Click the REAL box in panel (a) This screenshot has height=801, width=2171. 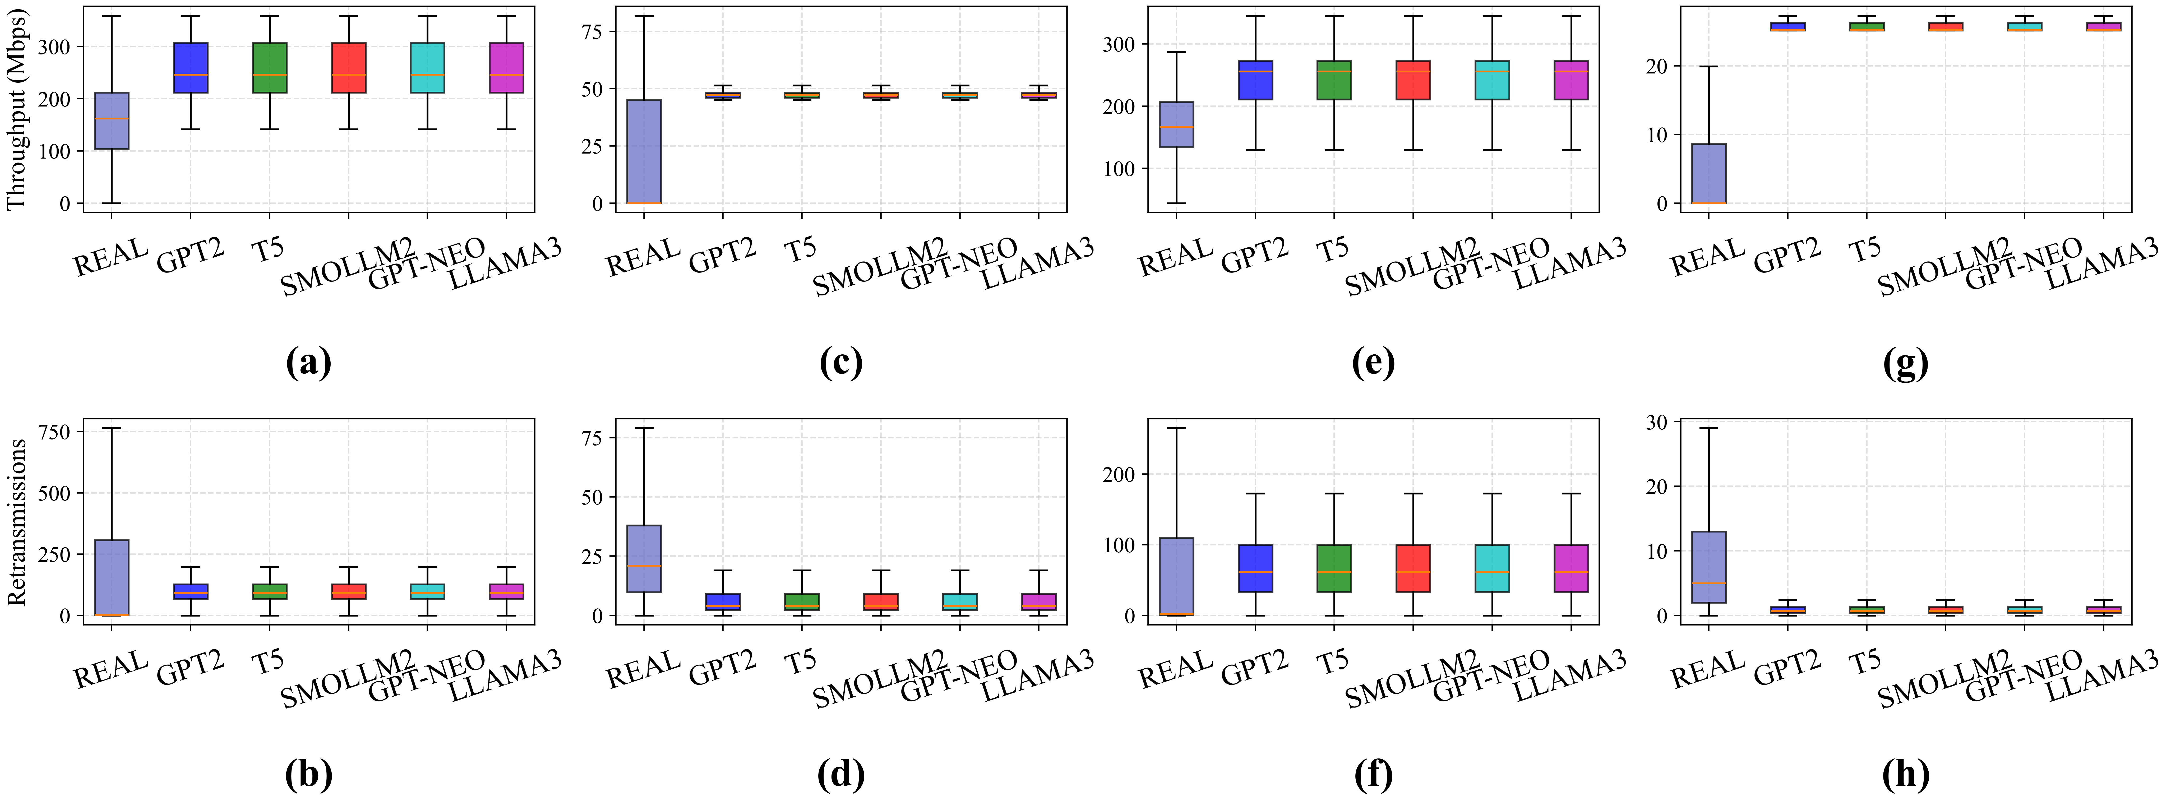[111, 121]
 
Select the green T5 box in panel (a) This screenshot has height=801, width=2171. [270, 67]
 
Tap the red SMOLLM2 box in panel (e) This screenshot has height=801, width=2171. [1413, 80]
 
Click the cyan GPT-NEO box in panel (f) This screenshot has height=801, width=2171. [1493, 568]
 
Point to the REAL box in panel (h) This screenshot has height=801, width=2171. [1708, 567]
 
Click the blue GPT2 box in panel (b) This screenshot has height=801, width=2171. [191, 591]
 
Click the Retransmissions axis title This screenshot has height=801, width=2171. [17, 522]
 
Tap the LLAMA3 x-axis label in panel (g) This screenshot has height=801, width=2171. [2102, 263]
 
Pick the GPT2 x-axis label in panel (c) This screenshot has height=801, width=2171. [722, 255]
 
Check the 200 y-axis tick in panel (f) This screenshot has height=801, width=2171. [1119, 474]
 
